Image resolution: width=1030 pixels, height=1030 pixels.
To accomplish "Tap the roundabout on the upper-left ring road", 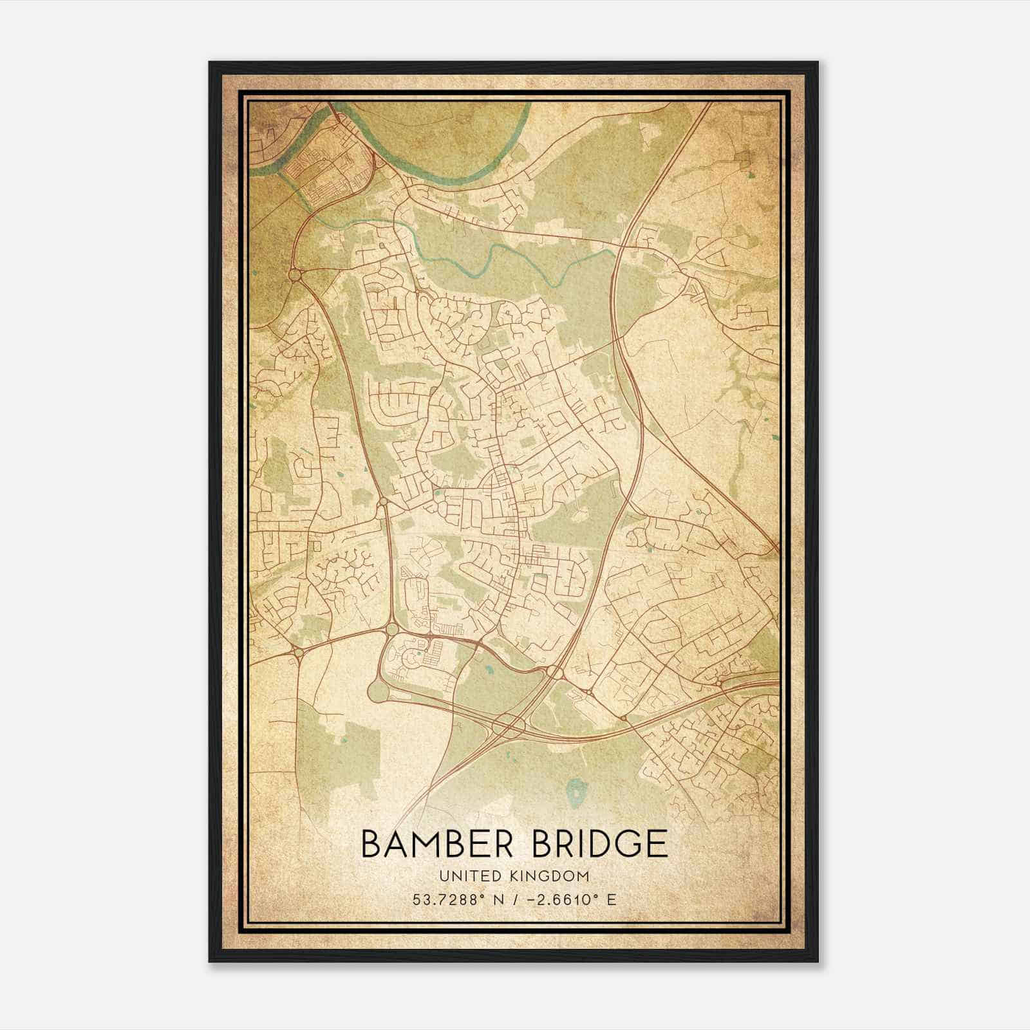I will pyautogui.click(x=295, y=276).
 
